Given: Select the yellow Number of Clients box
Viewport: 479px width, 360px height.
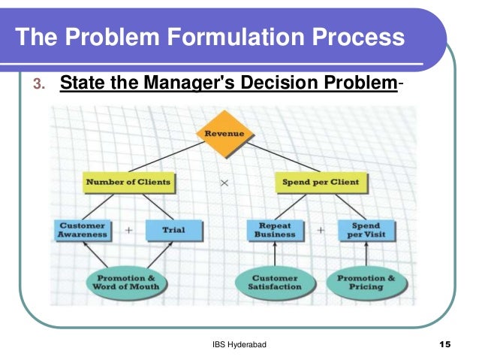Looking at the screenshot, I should tap(127, 181).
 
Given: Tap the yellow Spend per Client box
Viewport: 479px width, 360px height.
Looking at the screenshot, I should tap(320, 181).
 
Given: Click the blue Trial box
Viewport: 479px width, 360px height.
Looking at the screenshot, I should tap(173, 229).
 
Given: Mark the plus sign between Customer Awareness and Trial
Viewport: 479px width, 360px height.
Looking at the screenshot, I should tap(129, 230).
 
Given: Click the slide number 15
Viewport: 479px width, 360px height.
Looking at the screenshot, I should tap(444, 344).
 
